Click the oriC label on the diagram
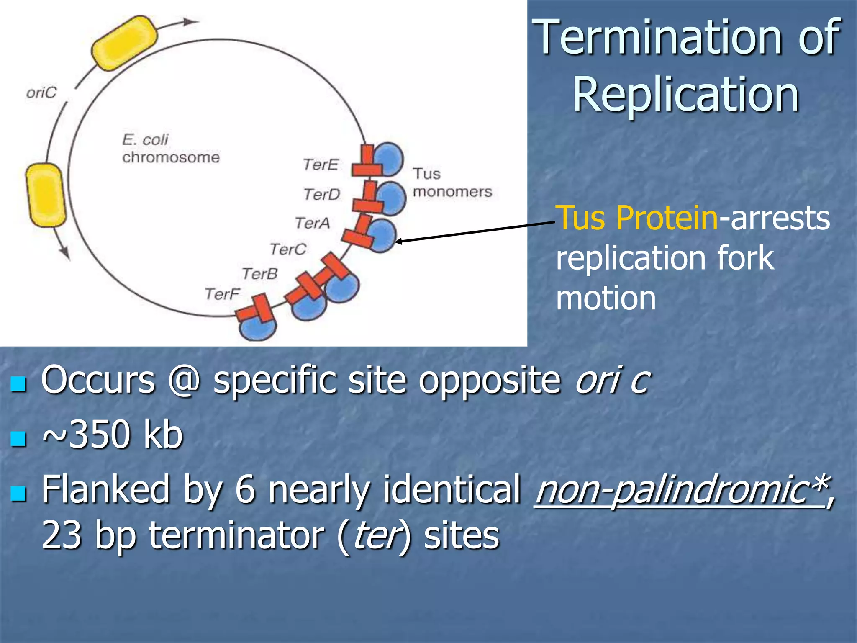(41, 93)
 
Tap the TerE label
(321, 164)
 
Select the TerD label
(322, 194)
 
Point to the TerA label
(312, 223)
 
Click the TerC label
(288, 249)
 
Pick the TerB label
(260, 274)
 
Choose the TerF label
(222, 294)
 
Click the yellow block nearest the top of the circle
(124, 43)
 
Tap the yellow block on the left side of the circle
(46, 195)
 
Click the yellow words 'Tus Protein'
(636, 218)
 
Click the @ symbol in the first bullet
(184, 380)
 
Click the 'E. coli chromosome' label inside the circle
(170, 148)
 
